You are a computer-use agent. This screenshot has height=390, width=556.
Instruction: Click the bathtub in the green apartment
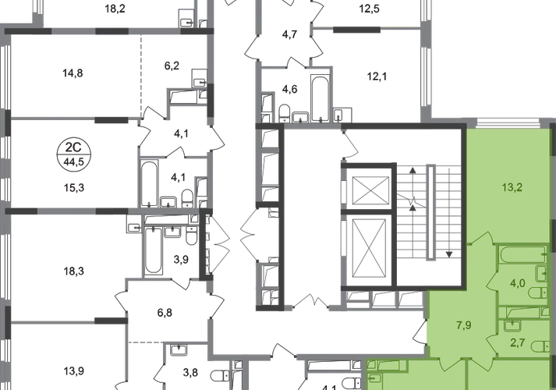point(522,254)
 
